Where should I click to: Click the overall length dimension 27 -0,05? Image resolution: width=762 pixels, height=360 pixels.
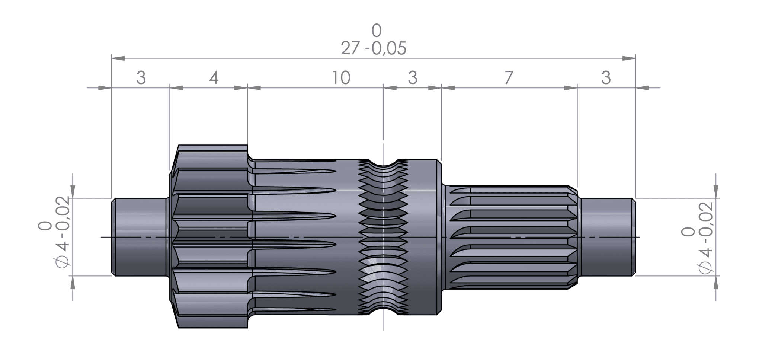pyautogui.click(x=373, y=49)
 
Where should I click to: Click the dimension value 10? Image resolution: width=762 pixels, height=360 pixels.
pyautogui.click(x=341, y=78)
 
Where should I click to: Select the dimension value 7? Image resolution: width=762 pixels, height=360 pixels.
pyautogui.click(x=509, y=78)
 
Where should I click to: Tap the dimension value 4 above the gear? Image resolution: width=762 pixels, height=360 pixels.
pyautogui.click(x=214, y=78)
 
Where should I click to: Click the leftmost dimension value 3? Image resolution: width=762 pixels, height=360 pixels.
pyautogui.click(x=141, y=78)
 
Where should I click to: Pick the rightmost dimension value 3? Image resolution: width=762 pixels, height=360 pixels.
pyautogui.click(x=606, y=78)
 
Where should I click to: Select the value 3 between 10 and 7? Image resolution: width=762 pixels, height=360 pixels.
pyautogui.click(x=412, y=78)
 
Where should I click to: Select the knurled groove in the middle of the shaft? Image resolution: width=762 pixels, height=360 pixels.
pyautogui.click(x=383, y=237)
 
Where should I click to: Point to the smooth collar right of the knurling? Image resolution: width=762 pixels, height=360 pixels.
pyautogui.click(x=424, y=237)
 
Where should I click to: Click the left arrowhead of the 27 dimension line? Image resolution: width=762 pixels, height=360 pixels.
pyautogui.click(x=118, y=58)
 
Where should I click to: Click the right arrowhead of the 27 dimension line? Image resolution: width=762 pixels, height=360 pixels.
pyautogui.click(x=629, y=58)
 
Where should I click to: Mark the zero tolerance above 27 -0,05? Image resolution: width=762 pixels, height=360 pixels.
pyautogui.click(x=377, y=31)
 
